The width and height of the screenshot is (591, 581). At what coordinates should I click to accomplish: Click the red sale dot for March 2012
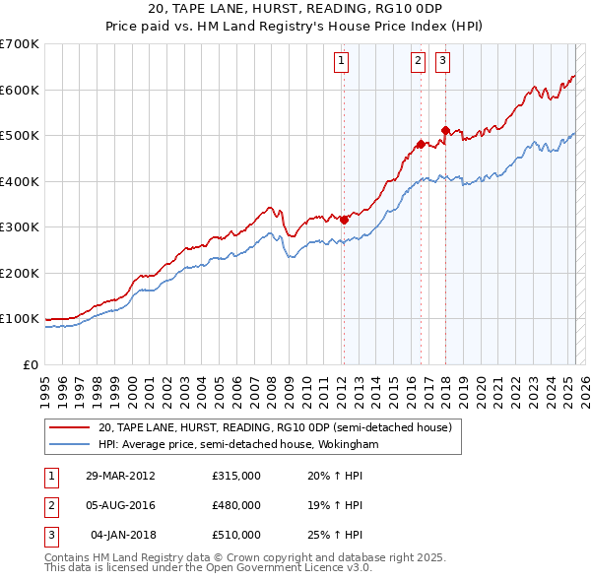tap(344, 221)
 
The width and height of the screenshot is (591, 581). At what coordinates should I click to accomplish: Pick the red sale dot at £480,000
tap(421, 145)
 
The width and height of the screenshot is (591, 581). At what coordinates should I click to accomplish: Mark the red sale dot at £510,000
tap(445, 130)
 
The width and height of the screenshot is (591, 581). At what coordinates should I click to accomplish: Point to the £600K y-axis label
tap(20, 90)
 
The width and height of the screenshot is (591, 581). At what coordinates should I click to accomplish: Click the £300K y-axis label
tap(20, 227)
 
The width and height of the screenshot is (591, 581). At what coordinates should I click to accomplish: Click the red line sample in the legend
tap(70, 427)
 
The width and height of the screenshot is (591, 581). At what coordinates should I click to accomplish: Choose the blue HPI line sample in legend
tap(70, 445)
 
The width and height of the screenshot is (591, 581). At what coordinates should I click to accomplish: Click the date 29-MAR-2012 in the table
tap(121, 476)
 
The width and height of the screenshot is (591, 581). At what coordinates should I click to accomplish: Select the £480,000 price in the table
tap(236, 505)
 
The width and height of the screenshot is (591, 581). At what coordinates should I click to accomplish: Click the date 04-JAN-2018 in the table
tap(123, 535)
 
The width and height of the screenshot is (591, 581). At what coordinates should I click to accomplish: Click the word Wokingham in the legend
tap(348, 445)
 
